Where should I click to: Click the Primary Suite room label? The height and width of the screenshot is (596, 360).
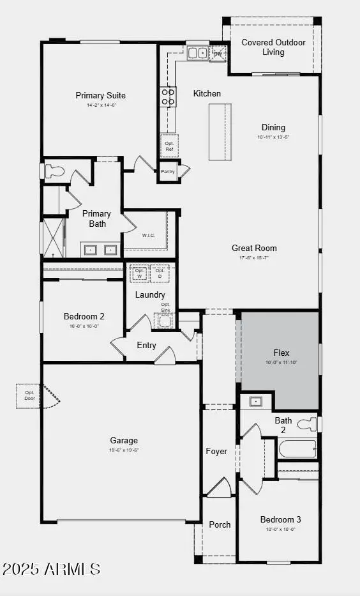pyautogui.click(x=100, y=96)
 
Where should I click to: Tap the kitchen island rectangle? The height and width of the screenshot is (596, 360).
pyautogui.click(x=217, y=131)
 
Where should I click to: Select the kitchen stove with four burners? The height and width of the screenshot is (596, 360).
pyautogui.click(x=168, y=96)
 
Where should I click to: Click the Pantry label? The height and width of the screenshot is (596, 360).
pyautogui.click(x=168, y=172)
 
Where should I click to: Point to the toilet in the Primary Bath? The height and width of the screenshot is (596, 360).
pyautogui.click(x=54, y=171)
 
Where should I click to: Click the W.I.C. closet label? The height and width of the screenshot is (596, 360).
pyautogui.click(x=149, y=235)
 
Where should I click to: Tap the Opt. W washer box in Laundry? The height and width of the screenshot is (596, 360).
pyautogui.click(x=139, y=273)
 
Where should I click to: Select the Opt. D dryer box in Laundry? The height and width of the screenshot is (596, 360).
pyautogui.click(x=160, y=273)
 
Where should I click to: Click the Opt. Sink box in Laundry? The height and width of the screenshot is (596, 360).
pyautogui.click(x=166, y=319)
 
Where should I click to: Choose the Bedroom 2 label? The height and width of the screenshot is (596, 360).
pyautogui.click(x=84, y=316)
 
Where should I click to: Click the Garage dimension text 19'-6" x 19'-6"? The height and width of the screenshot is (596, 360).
pyautogui.click(x=123, y=450)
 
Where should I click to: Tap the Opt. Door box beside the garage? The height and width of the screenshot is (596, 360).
pyautogui.click(x=29, y=396)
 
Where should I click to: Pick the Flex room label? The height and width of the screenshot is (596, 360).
pyautogui.click(x=281, y=353)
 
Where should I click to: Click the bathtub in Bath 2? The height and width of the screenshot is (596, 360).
pyautogui.click(x=297, y=448)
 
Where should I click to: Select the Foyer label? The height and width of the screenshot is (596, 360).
pyautogui.click(x=216, y=451)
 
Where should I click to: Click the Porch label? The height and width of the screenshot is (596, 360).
pyautogui.click(x=220, y=524)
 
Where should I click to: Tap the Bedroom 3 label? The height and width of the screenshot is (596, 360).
pyautogui.click(x=280, y=519)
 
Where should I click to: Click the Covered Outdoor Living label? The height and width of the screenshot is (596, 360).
pyautogui.click(x=273, y=47)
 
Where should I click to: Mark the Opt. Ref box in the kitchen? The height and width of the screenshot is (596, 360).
pyautogui.click(x=169, y=146)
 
